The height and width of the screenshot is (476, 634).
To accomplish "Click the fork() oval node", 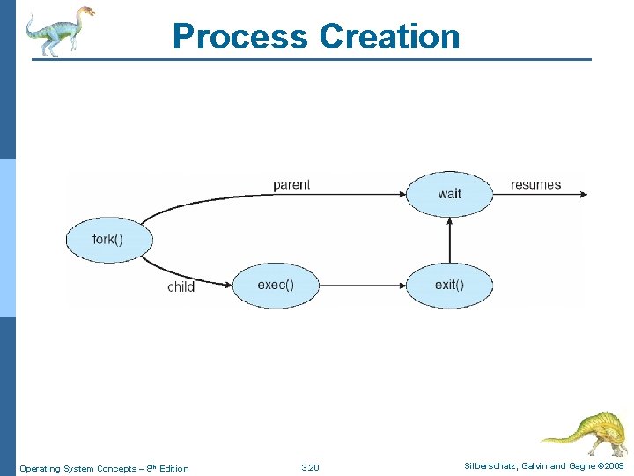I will (x=109, y=240).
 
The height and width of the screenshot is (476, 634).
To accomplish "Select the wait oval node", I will (x=449, y=193).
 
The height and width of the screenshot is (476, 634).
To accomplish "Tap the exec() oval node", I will (x=276, y=285).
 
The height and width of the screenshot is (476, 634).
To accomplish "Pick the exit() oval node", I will (x=449, y=285).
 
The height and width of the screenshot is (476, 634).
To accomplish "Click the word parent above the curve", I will (x=291, y=184).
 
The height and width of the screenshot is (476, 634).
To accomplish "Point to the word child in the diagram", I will (x=181, y=287).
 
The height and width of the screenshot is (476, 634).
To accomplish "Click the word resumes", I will (x=535, y=184).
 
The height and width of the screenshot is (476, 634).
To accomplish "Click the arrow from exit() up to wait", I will (x=450, y=239).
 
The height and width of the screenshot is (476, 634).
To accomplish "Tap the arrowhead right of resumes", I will (x=581, y=194).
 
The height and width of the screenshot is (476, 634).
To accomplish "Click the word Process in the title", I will (x=240, y=36).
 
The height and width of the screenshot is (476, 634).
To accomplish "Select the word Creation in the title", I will (x=389, y=36).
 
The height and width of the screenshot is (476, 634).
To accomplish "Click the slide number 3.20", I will (x=310, y=467).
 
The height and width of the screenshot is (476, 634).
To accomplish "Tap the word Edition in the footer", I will (x=173, y=468).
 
